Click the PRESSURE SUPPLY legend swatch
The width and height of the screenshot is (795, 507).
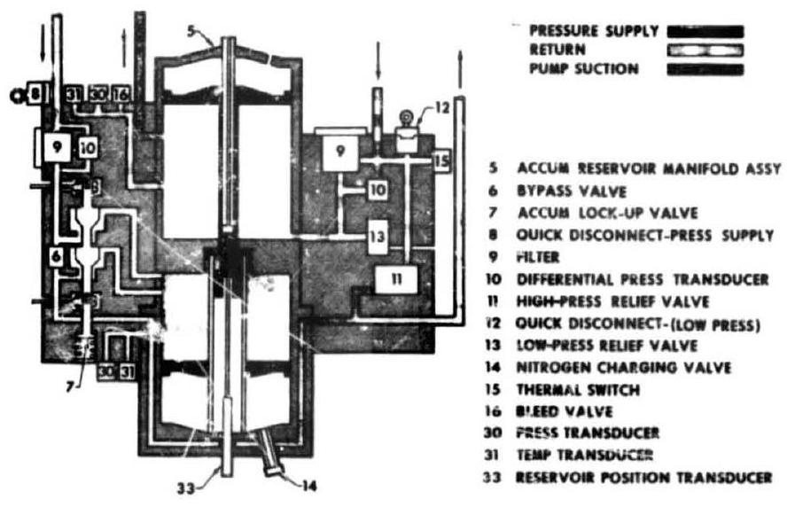click(x=705, y=32)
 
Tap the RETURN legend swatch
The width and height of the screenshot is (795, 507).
click(x=705, y=51)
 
